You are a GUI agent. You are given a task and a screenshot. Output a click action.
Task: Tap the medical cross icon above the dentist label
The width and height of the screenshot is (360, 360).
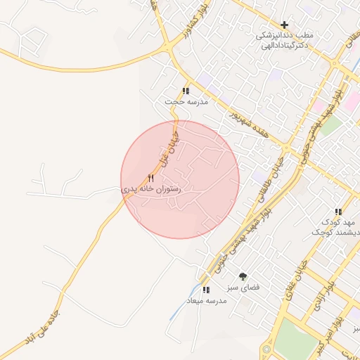coord(284,25)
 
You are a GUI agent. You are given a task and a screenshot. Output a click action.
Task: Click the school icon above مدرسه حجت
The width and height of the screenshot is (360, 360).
coord(186,91)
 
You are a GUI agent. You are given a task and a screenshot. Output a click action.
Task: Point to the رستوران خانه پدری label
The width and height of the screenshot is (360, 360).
coord(150,189)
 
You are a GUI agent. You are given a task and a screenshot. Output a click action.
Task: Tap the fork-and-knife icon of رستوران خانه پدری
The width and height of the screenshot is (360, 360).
coord(150,179)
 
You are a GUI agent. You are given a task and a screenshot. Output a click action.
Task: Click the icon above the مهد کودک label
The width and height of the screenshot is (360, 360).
coord(338,212)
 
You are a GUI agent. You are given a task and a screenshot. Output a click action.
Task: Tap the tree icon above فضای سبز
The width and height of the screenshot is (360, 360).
coord(243,276)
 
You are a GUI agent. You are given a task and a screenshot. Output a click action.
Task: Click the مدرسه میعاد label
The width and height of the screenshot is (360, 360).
coord(205,300)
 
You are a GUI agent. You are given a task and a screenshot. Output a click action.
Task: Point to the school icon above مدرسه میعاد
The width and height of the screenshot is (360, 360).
coord(205,289)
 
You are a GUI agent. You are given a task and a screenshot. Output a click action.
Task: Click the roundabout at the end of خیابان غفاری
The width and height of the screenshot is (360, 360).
coord(267,349)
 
